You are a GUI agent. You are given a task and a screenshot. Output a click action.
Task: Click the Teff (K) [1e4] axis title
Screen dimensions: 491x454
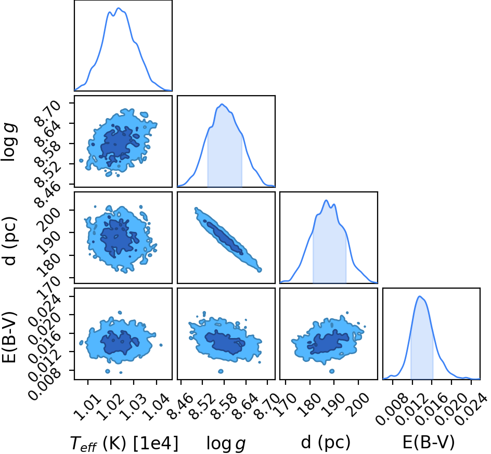click(x=124, y=444)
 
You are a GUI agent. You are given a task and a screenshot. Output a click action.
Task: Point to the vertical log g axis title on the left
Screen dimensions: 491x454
click(x=9, y=142)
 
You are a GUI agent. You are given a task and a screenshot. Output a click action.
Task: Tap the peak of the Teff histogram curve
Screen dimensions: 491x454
click(x=119, y=8)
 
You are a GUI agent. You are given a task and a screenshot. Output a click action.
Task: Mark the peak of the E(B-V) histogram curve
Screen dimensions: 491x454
click(x=420, y=296)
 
